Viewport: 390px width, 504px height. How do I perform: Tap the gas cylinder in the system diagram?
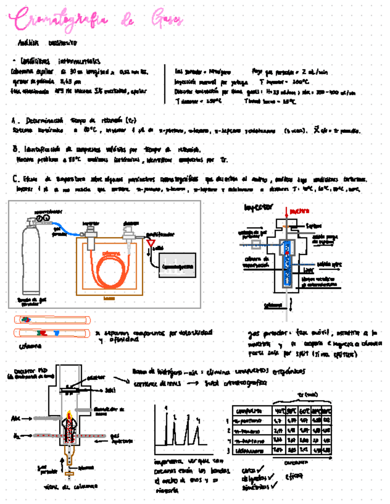click(x=31, y=260)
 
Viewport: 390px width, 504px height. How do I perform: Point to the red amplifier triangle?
click(x=150, y=243)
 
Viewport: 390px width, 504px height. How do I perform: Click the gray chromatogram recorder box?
click(x=177, y=266)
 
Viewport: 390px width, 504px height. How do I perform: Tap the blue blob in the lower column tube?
click(x=57, y=333)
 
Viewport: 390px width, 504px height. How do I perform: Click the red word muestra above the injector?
click(x=299, y=211)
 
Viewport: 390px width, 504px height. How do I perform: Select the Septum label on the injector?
click(x=314, y=226)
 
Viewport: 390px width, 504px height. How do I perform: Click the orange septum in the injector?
click(x=286, y=226)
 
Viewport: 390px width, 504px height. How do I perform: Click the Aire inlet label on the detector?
click(x=15, y=418)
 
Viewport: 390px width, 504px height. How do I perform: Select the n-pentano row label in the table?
click(x=248, y=421)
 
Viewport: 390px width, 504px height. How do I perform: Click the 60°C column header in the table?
click(x=305, y=411)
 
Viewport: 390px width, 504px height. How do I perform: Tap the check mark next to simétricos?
click(x=274, y=486)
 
